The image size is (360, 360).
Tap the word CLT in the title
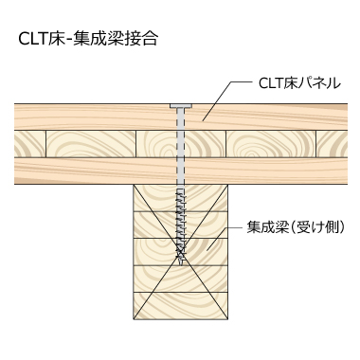point(34,39)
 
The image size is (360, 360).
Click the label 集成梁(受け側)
point(295,227)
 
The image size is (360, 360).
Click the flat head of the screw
point(180,105)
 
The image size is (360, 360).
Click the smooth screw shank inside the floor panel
point(180,142)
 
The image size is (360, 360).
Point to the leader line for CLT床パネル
point(220,99)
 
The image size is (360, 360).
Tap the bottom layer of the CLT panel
point(95,171)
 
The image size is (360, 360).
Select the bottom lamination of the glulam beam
point(180,305)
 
